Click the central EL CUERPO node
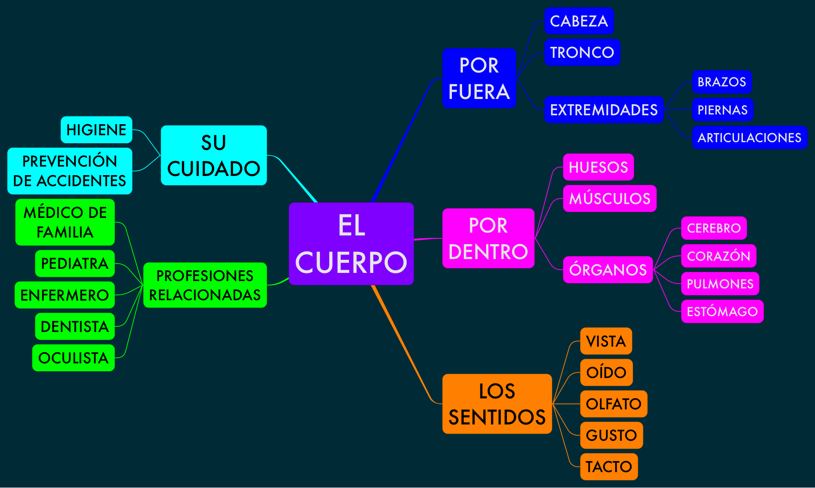(x=351, y=244)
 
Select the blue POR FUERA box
(x=479, y=78)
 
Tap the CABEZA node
(x=579, y=21)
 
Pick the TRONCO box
(x=582, y=53)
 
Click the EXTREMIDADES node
(x=604, y=110)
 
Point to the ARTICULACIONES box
(x=749, y=138)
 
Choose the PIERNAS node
(x=722, y=110)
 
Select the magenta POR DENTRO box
(x=488, y=238)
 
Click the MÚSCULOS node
(x=610, y=198)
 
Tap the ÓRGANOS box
(x=608, y=270)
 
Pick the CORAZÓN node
(x=718, y=256)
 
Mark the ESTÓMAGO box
(x=722, y=312)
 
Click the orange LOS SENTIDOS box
(x=497, y=404)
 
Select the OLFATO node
(x=613, y=404)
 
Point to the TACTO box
(x=609, y=466)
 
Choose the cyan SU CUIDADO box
(x=214, y=155)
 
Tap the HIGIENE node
(x=96, y=130)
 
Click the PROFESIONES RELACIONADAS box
(x=205, y=285)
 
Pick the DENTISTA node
(x=75, y=326)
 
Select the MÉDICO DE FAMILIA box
(x=65, y=222)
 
